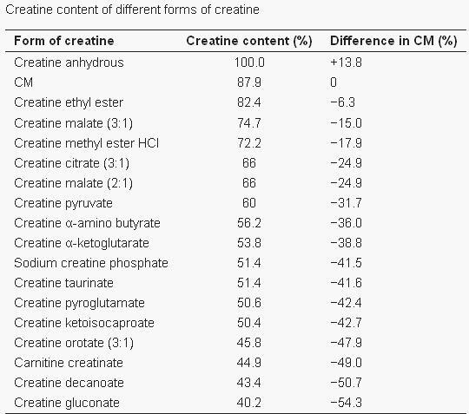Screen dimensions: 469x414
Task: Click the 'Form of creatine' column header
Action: tap(64, 41)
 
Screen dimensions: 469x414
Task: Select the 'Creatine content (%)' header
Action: tap(249, 41)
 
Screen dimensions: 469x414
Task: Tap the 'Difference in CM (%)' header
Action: tap(393, 41)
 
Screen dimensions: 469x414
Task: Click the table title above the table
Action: tap(132, 10)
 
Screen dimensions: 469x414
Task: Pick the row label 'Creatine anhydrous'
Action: tap(69, 62)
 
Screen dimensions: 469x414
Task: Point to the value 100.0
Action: tap(249, 62)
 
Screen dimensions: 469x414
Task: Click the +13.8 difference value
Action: tap(346, 62)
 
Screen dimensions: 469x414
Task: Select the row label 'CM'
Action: tap(23, 82)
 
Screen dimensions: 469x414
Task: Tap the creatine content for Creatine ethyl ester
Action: tap(249, 102)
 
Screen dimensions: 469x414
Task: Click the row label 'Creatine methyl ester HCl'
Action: tap(87, 143)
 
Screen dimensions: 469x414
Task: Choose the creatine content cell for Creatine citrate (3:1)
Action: tap(249, 163)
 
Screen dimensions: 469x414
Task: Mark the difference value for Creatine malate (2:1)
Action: tap(346, 183)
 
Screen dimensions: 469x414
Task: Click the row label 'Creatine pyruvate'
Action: tap(63, 204)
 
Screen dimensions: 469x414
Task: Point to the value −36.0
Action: tap(346, 223)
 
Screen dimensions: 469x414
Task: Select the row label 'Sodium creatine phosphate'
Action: tap(91, 263)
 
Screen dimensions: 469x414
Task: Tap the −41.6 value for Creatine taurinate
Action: tap(346, 283)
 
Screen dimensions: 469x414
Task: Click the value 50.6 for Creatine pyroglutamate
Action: tap(249, 303)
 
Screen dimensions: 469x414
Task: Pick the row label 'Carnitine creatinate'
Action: tap(69, 363)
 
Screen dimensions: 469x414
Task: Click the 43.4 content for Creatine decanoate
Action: tap(249, 383)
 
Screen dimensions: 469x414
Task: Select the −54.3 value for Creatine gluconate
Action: tap(346, 403)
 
